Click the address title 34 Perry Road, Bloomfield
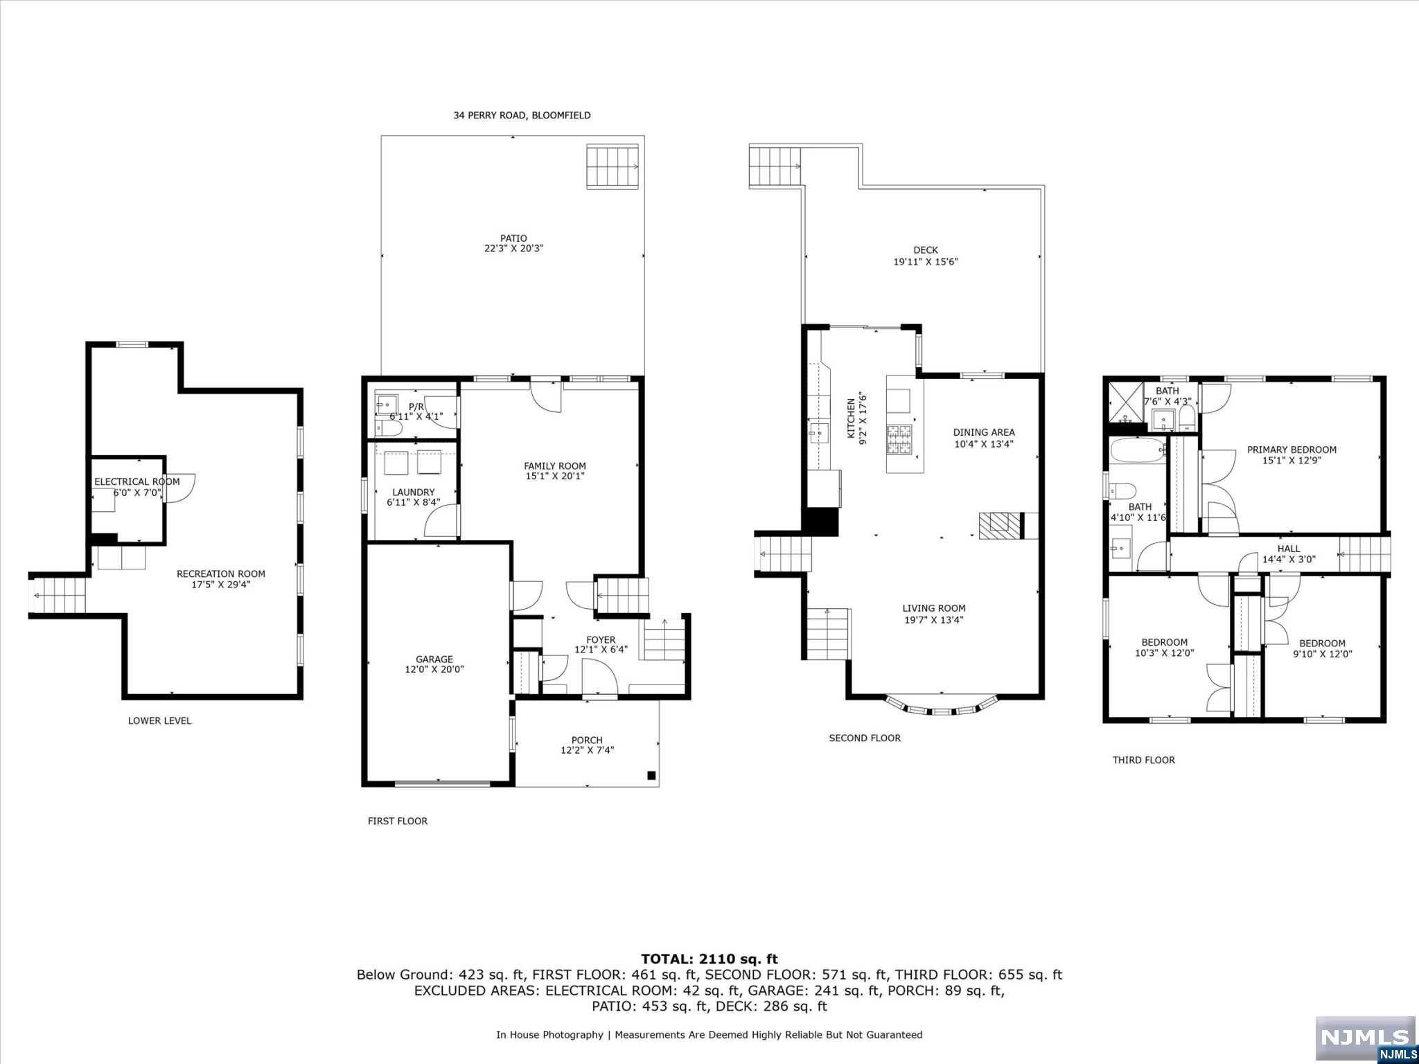point(522,115)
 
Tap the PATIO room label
point(513,238)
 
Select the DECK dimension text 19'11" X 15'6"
point(926,262)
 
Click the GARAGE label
point(434,659)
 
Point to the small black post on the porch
point(651,775)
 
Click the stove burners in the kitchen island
point(900,439)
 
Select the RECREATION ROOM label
point(221,574)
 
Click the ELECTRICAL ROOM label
point(137,481)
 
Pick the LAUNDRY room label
point(414,492)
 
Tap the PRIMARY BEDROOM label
point(1292,450)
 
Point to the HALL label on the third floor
point(1289,549)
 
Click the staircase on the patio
point(612,166)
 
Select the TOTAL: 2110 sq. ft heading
point(709,959)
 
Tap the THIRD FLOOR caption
point(1144,760)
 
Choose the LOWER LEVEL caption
point(159,720)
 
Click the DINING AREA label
point(984,432)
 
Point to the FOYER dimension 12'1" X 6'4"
point(601,650)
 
